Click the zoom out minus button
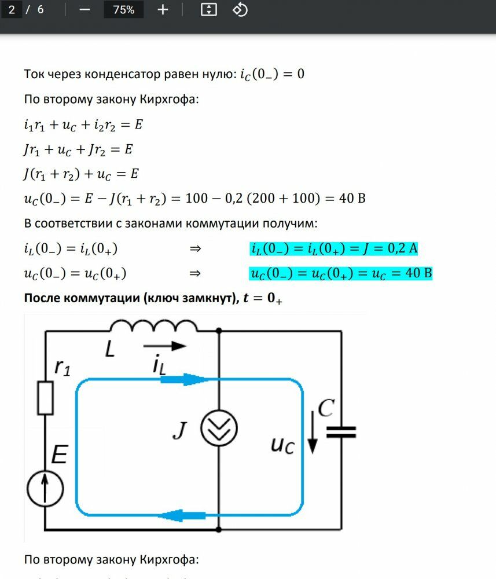(84, 10)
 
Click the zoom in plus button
(163, 10)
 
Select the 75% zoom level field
(123, 10)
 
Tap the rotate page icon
(240, 10)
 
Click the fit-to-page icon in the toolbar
(208, 10)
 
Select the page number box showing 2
(12, 10)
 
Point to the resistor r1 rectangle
(46, 397)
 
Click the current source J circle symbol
(219, 428)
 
